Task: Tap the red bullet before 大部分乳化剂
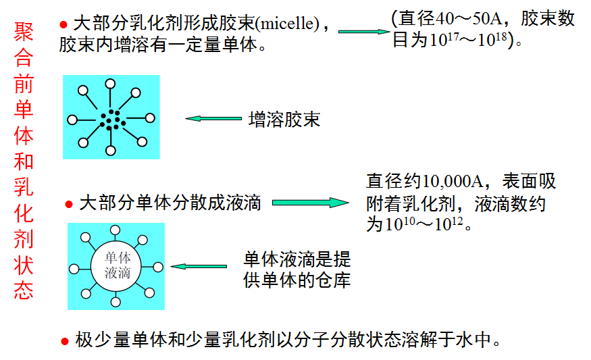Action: click(x=63, y=24)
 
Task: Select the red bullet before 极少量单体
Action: click(x=65, y=341)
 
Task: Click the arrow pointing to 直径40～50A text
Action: click(x=363, y=31)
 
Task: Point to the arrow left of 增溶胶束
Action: click(x=213, y=119)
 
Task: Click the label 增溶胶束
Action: click(x=284, y=120)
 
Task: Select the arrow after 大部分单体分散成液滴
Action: click(x=311, y=203)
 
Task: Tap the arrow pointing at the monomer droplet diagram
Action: click(x=199, y=267)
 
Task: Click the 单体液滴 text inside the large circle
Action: click(x=116, y=265)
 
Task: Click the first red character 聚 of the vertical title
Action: click(x=23, y=34)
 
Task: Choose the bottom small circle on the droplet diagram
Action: click(x=116, y=301)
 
